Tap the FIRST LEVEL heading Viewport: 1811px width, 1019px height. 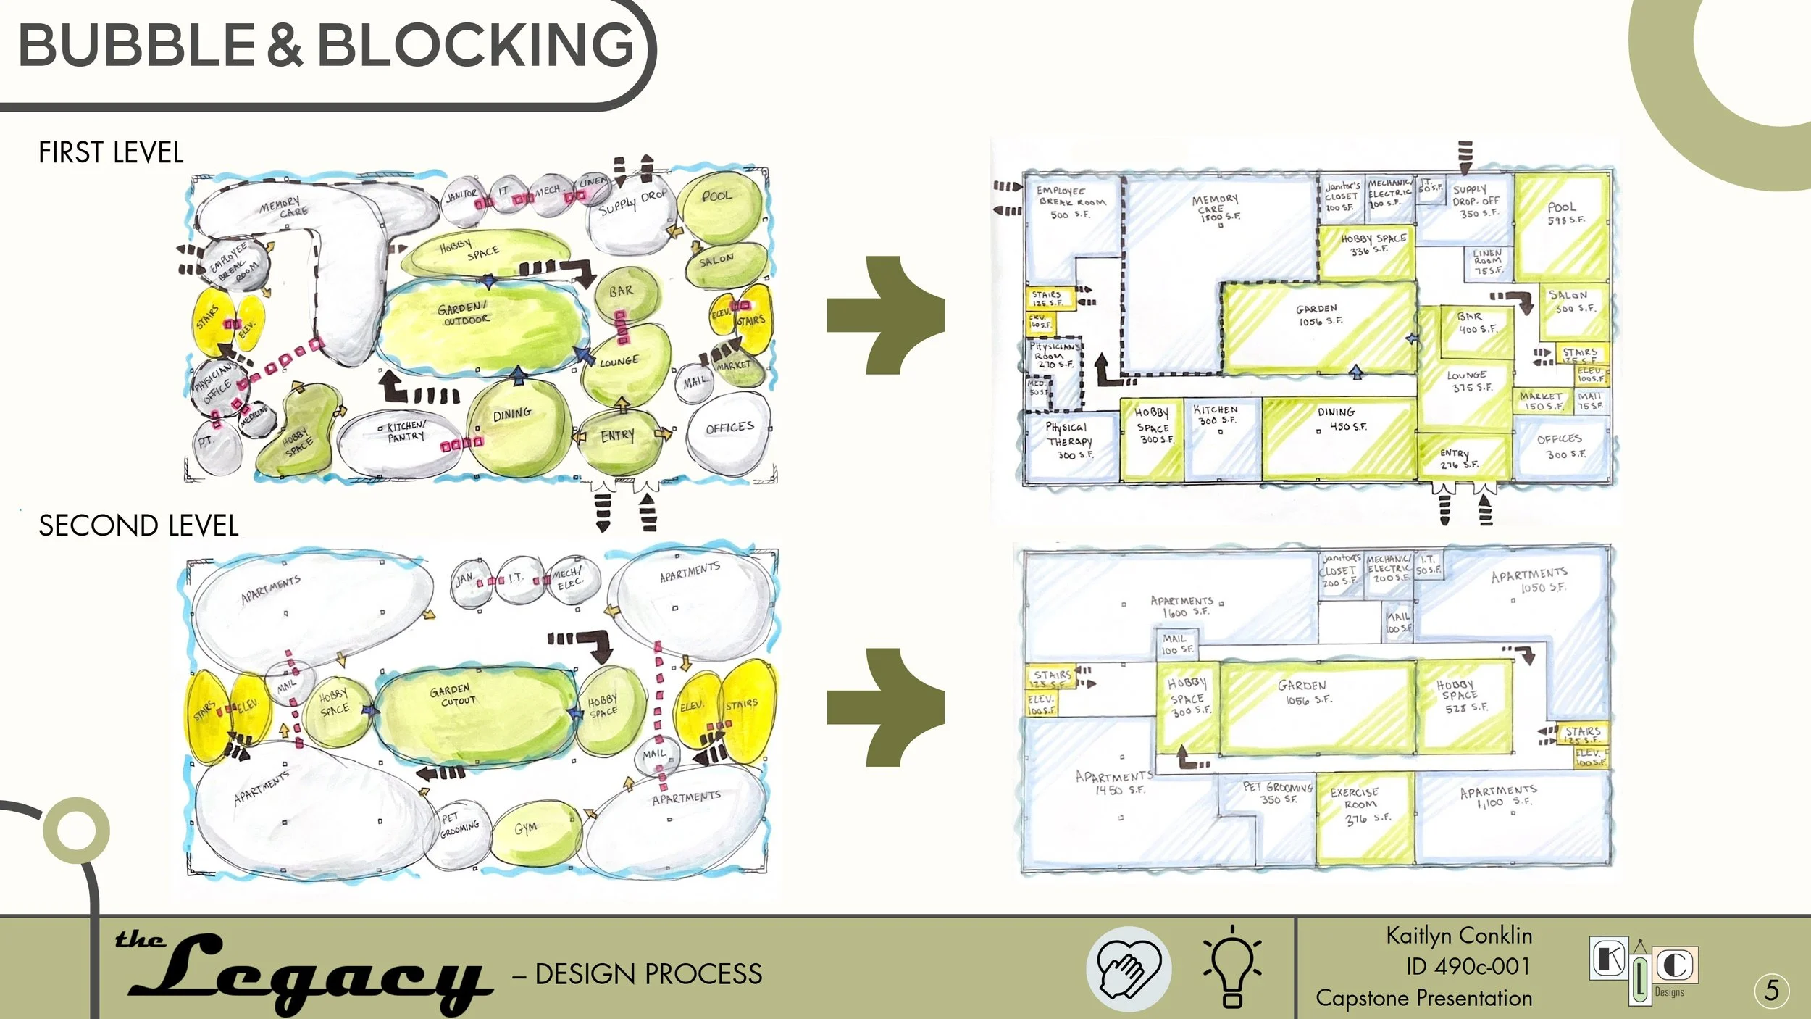111,153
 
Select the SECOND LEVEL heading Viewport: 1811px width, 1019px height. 138,526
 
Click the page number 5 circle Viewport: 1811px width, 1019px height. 1772,990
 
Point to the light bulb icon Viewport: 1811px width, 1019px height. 1232,968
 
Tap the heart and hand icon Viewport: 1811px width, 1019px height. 1129,969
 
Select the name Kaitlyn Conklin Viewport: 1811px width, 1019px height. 1459,936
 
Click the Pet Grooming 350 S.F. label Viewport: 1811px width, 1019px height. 1277,793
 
